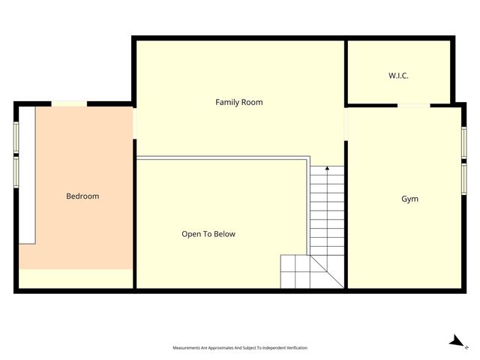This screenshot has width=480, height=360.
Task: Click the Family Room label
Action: click(239, 102)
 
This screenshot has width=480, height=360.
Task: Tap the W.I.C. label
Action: click(398, 76)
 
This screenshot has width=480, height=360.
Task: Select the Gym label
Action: click(409, 199)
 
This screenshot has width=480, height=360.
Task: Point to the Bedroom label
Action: click(82, 196)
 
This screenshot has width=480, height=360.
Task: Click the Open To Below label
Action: click(208, 234)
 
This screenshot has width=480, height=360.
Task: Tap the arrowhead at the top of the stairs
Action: click(327, 169)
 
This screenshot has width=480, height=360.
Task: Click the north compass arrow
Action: click(456, 342)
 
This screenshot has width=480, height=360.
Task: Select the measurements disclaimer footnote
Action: click(240, 348)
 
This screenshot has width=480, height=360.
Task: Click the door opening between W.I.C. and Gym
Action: click(413, 105)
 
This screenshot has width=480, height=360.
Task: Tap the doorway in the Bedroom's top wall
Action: click(69, 103)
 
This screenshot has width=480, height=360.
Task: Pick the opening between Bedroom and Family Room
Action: click(134, 124)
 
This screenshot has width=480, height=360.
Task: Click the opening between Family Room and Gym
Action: click(346, 124)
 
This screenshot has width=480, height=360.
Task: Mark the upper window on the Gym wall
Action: click(463, 142)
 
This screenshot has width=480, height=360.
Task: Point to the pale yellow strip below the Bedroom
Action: click(76, 279)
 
